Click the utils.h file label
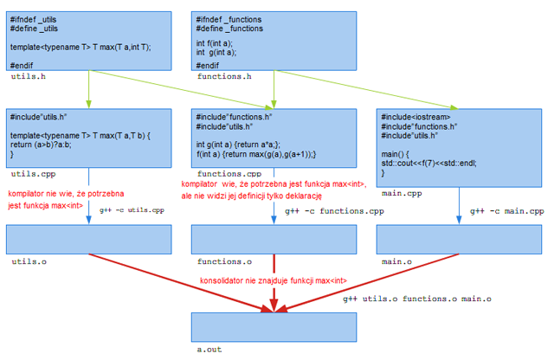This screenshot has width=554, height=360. pyautogui.click(x=29, y=77)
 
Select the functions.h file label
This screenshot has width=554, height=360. pyautogui.click(x=224, y=77)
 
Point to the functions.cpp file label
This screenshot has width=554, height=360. pyautogui.click(x=228, y=174)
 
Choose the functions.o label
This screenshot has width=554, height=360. pyautogui.click(x=224, y=260)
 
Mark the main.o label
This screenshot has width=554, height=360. pyautogui.click(x=396, y=260)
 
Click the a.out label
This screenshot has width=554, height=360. pyautogui.click(x=210, y=350)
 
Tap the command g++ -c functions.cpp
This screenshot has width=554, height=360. pyautogui.click(x=333, y=210)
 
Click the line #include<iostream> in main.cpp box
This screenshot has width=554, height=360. pyautogui.click(x=415, y=117)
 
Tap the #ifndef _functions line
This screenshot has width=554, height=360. pyautogui.click(x=229, y=20)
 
